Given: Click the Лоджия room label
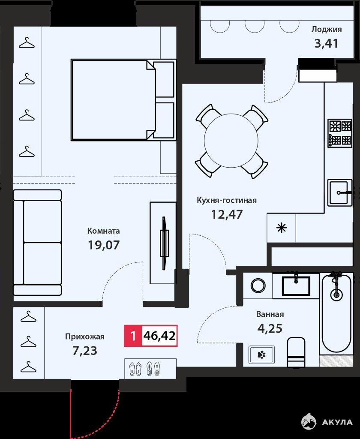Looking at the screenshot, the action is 327,30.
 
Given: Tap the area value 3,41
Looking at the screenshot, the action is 326,44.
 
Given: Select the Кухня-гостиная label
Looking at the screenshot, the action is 227,201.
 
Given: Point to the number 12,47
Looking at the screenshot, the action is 227,214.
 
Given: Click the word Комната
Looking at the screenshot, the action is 104,231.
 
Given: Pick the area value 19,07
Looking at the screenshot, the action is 104,245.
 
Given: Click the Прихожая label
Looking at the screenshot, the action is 85,337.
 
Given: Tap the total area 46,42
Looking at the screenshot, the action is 159,335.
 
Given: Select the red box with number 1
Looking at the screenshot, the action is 133,336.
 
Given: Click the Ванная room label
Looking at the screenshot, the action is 270,314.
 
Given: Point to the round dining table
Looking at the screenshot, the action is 231,141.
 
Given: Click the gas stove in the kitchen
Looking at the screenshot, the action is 340,134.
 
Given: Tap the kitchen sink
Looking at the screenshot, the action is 340,192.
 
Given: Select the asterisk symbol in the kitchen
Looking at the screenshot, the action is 281,228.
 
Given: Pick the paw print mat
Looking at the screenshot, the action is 261,355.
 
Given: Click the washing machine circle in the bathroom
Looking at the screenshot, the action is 258,286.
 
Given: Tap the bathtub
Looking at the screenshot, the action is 336,315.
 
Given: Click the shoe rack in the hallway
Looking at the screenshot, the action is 150,368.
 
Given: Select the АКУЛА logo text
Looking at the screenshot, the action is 337,422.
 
